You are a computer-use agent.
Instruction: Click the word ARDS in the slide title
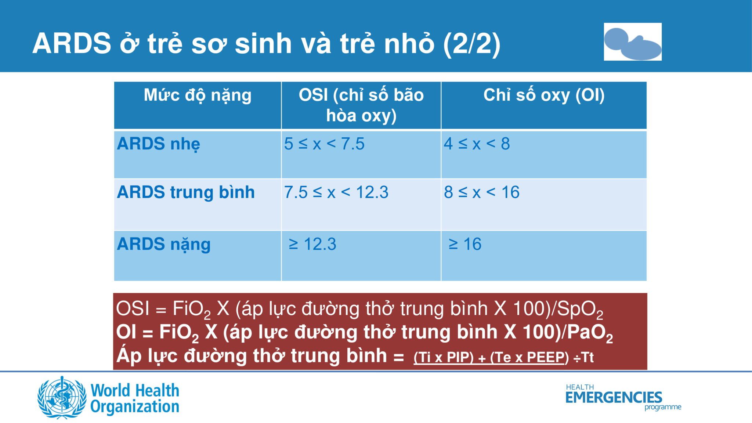pyautogui.click(x=72, y=43)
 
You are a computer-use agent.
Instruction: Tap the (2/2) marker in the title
pyautogui.click(x=471, y=44)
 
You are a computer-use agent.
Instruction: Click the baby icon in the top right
pyautogui.click(x=633, y=41)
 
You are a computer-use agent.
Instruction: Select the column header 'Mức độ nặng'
pyautogui.click(x=198, y=95)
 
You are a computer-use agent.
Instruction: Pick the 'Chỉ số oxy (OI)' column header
pyautogui.click(x=544, y=95)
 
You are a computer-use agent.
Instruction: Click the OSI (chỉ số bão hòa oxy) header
pyautogui.click(x=361, y=105)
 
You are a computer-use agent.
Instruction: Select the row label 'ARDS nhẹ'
pyautogui.click(x=159, y=144)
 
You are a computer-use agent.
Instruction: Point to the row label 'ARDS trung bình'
pyautogui.click(x=186, y=192)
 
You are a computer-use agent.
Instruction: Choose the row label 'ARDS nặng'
pyautogui.click(x=164, y=244)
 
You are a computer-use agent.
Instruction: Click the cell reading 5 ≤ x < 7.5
pyautogui.click(x=324, y=144)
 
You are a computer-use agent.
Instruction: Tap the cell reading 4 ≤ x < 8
pyautogui.click(x=477, y=144)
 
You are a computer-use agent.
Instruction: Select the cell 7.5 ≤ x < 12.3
pyautogui.click(x=336, y=192)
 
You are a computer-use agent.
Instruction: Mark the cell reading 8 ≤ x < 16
pyautogui.click(x=482, y=192)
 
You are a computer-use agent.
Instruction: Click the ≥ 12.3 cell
pyautogui.click(x=312, y=244)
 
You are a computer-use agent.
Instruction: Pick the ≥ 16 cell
pyautogui.click(x=465, y=244)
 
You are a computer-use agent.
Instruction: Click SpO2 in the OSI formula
pyautogui.click(x=580, y=310)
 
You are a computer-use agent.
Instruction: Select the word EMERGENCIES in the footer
pyautogui.click(x=614, y=397)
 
